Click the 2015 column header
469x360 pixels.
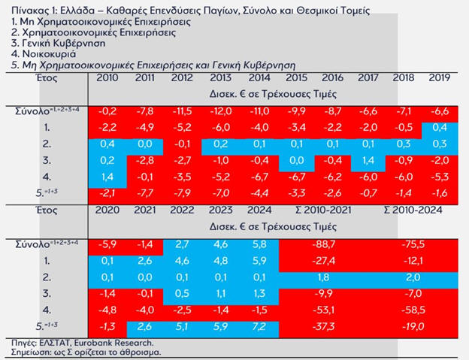(296, 79)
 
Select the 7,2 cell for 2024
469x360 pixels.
(260, 327)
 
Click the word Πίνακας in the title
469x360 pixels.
(23, 8)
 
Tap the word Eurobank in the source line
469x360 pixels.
(95, 341)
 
